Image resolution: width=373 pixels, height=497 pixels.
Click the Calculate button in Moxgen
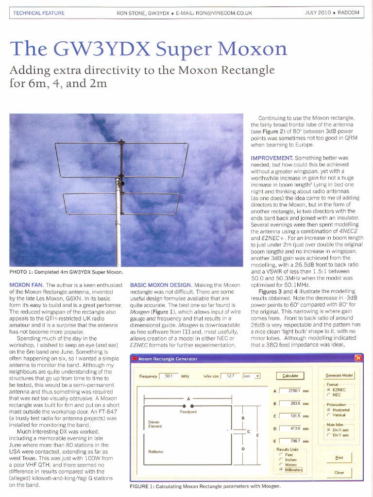tap(290, 375)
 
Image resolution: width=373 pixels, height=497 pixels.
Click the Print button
tap(339, 458)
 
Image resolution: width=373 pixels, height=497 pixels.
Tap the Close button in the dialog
tap(339, 472)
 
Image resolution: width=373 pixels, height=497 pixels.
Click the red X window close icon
tap(358, 358)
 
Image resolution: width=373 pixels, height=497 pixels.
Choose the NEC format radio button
tap(329, 395)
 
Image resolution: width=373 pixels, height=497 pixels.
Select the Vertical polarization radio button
tap(329, 415)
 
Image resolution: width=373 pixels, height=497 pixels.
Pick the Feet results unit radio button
tap(281, 454)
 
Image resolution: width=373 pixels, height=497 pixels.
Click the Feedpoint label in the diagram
tap(188, 412)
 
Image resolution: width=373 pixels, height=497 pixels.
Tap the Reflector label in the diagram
tap(155, 451)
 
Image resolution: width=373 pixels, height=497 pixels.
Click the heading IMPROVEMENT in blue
tap(271, 158)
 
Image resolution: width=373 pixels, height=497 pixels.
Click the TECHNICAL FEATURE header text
tap(39, 13)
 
